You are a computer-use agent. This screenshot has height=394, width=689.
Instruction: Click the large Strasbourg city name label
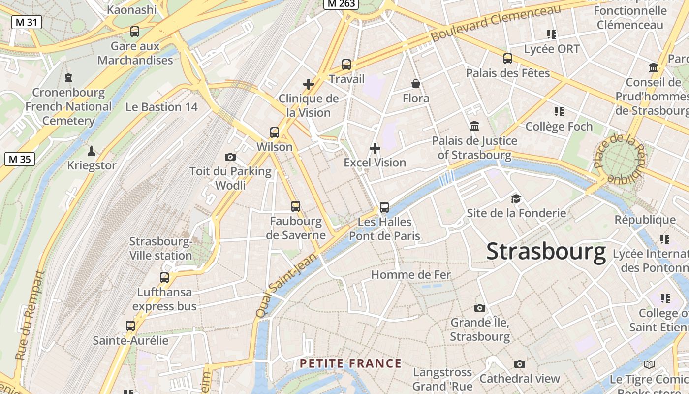click(x=546, y=252)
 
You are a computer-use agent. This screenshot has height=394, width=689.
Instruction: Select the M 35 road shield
click(x=20, y=159)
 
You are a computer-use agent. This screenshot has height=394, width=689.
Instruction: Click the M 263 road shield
click(x=341, y=4)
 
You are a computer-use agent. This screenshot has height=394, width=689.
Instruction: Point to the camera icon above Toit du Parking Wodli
click(x=230, y=157)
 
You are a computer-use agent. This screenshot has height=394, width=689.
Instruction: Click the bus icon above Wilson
click(x=275, y=132)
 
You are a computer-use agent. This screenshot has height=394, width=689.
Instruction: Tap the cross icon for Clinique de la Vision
click(x=309, y=84)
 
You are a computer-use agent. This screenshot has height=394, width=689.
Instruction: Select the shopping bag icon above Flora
click(x=416, y=84)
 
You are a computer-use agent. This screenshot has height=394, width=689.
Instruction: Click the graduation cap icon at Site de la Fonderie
click(x=516, y=198)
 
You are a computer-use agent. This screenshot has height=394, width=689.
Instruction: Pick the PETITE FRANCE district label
click(x=351, y=364)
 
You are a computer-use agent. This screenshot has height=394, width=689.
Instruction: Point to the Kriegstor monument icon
click(x=91, y=151)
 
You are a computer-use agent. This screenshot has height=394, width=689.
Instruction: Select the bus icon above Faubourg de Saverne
click(x=295, y=206)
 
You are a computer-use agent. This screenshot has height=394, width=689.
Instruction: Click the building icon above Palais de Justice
click(x=474, y=126)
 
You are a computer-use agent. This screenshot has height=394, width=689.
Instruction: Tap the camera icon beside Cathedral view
click(x=520, y=364)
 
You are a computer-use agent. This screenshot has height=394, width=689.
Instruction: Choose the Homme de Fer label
click(x=410, y=275)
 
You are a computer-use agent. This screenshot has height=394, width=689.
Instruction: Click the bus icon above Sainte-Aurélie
click(x=130, y=326)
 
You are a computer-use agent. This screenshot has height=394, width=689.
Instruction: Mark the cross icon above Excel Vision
click(x=375, y=148)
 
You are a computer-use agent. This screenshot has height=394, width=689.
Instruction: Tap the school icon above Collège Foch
click(x=559, y=112)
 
